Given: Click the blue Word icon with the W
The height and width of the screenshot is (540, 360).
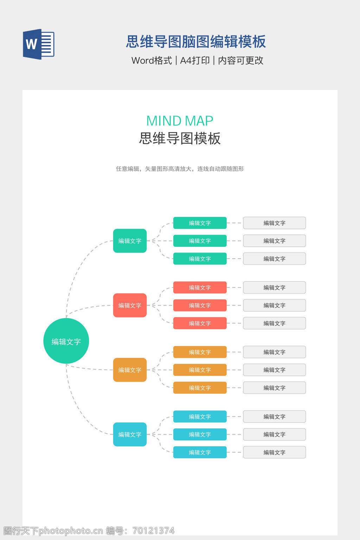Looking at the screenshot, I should click(x=38, y=44).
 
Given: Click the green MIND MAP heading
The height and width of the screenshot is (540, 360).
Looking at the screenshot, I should click(x=180, y=121).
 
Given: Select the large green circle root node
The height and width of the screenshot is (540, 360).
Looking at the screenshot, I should click(x=66, y=341).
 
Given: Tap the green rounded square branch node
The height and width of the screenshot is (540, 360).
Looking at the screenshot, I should click(x=130, y=241).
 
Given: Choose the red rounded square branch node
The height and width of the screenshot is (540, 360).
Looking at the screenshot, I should click(x=130, y=305).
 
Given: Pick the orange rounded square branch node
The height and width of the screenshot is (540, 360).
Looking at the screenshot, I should click(x=130, y=370).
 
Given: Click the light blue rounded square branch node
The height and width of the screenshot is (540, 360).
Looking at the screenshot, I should click(x=130, y=434).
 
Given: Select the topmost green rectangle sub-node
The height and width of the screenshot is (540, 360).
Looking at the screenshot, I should click(x=200, y=223).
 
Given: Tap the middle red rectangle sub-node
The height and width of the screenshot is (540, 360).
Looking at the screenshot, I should click(x=200, y=305).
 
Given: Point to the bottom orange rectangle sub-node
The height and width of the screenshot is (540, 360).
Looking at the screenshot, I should click(x=200, y=388).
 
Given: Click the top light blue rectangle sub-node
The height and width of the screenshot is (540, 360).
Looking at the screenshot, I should click(x=200, y=417).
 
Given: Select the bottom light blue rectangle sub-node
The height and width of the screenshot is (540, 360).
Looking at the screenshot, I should click(x=200, y=452).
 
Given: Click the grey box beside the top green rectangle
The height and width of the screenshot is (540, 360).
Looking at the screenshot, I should click(x=274, y=223).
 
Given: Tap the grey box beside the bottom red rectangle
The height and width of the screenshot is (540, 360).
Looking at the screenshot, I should click(x=274, y=323).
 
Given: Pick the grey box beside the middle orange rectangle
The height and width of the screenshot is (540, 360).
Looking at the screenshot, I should click(x=274, y=370).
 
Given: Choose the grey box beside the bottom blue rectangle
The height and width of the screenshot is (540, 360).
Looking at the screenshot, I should click(x=274, y=452).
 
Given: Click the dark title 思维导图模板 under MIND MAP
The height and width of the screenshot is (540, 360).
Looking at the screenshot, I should click(x=180, y=139).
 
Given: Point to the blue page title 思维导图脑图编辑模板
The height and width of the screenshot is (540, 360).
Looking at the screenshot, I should click(x=196, y=42).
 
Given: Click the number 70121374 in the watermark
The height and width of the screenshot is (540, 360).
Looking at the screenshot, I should click(x=153, y=531).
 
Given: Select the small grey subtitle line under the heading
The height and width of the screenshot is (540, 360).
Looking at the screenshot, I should click(x=180, y=169).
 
